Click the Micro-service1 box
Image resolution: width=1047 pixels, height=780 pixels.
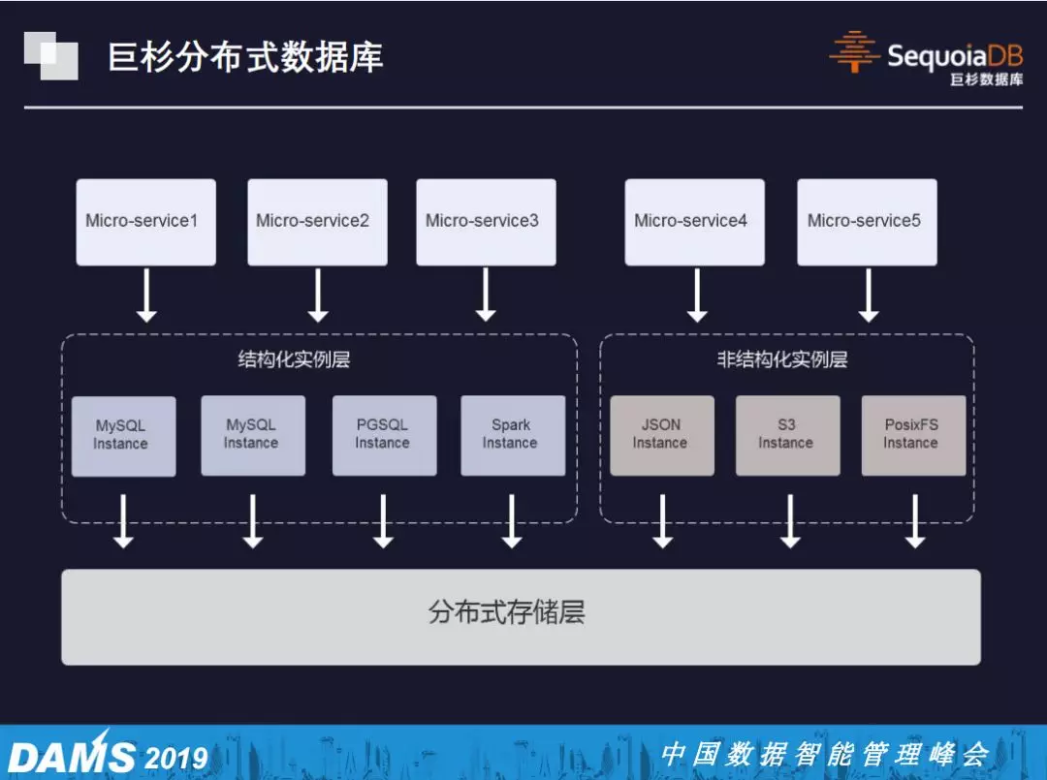(x=145, y=222)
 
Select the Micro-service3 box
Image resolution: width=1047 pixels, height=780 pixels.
(x=486, y=222)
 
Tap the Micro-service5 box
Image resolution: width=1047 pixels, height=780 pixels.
(x=867, y=222)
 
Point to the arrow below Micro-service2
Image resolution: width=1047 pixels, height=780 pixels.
(x=318, y=295)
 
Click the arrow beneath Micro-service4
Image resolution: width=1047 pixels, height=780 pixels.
(x=696, y=295)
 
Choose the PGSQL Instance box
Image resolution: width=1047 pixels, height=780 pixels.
(x=384, y=435)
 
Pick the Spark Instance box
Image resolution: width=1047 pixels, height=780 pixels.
(x=512, y=435)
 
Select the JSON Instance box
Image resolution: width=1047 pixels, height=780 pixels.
(x=661, y=435)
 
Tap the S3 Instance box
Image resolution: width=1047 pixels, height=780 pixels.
(x=787, y=435)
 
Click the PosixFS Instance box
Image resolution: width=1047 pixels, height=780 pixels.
(x=913, y=435)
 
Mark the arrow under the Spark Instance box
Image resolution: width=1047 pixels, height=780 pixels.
(x=512, y=521)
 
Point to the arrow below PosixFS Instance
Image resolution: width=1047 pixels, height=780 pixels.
(x=914, y=521)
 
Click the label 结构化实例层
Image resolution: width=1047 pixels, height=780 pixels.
(x=294, y=360)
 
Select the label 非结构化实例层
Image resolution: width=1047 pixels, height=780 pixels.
(x=781, y=360)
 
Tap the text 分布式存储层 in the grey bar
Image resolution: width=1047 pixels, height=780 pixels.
(x=507, y=612)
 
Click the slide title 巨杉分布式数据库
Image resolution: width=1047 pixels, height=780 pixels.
(x=245, y=57)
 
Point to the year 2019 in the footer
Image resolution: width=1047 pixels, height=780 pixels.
(x=175, y=757)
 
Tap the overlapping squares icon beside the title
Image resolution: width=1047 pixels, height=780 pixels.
(x=50, y=55)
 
